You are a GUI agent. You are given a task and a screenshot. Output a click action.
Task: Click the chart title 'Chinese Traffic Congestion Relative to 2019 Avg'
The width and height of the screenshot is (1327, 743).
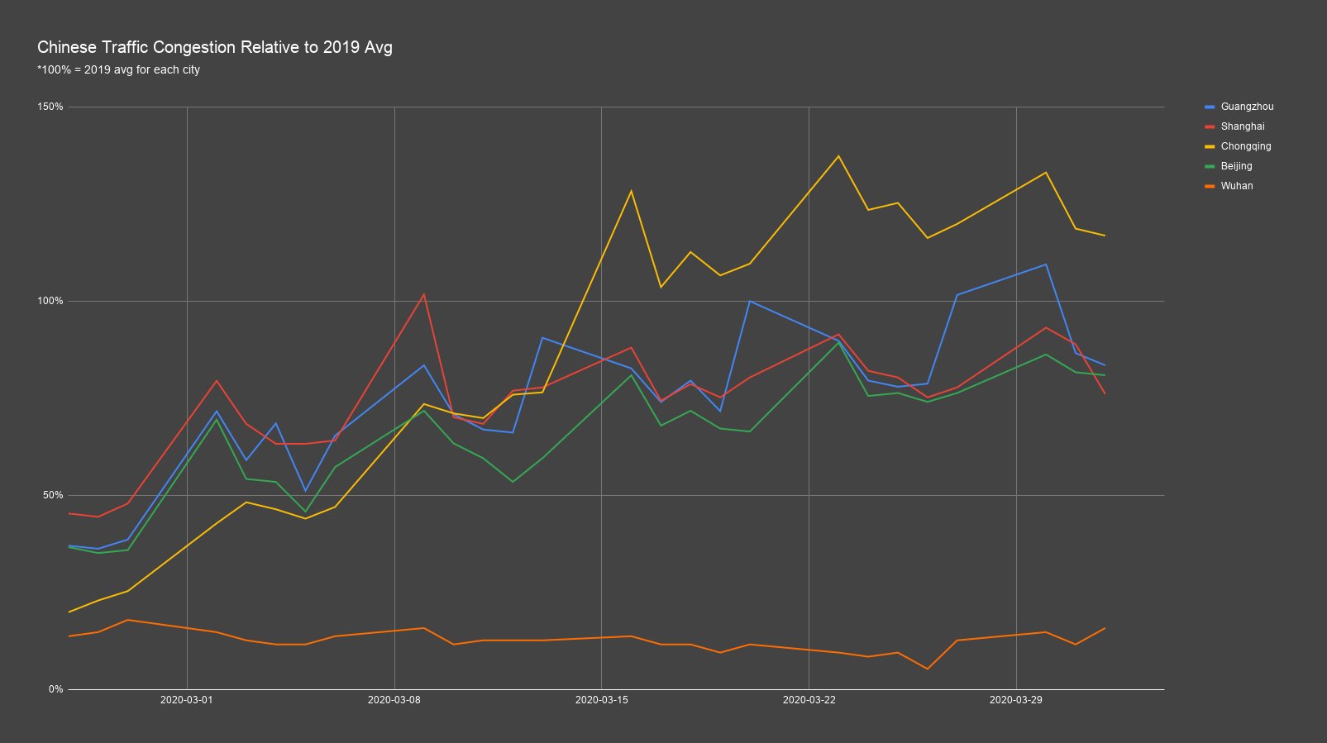coord(215,47)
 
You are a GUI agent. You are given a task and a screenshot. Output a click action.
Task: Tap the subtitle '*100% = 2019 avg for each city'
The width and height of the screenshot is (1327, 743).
coord(118,70)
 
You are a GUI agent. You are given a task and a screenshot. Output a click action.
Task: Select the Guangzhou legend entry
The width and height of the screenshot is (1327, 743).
coord(1239,107)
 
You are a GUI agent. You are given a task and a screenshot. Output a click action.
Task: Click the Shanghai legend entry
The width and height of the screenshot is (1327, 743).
coord(1234,126)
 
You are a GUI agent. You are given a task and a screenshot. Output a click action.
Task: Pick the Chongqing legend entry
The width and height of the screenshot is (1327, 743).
coord(1238,146)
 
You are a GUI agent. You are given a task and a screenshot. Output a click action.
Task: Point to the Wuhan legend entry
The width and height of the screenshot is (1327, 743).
coord(1229,186)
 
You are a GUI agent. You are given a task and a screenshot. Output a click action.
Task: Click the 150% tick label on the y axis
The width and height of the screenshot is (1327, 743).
coord(50,107)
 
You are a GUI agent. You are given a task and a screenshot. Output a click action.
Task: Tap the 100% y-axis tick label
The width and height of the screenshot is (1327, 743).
coord(50,301)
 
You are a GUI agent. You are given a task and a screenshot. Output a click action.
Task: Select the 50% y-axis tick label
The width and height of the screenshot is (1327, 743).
coord(53,495)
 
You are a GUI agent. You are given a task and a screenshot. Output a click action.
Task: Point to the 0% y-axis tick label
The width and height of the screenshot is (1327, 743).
coord(55,689)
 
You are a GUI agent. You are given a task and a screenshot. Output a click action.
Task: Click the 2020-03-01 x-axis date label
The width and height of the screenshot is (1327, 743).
coord(187,700)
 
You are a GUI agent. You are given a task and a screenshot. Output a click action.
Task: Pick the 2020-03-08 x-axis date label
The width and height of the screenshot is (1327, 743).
coord(394,700)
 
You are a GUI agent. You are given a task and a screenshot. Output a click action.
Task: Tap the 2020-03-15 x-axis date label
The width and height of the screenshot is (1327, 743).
coord(601,700)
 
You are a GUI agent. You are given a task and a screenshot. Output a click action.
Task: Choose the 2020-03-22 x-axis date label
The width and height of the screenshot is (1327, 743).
coord(809,700)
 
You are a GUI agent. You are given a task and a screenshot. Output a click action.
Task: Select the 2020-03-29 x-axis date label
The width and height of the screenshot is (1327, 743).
coord(1016,700)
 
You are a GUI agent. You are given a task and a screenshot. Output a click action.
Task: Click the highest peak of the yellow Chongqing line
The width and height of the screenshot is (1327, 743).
coord(838,155)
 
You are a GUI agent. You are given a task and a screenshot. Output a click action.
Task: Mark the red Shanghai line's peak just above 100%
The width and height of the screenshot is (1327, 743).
coord(423,294)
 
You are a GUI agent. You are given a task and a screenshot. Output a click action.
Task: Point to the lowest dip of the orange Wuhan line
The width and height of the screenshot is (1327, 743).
coord(927,669)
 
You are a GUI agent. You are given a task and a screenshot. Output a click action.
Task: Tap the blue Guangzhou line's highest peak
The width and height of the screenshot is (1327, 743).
coord(1046,264)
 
